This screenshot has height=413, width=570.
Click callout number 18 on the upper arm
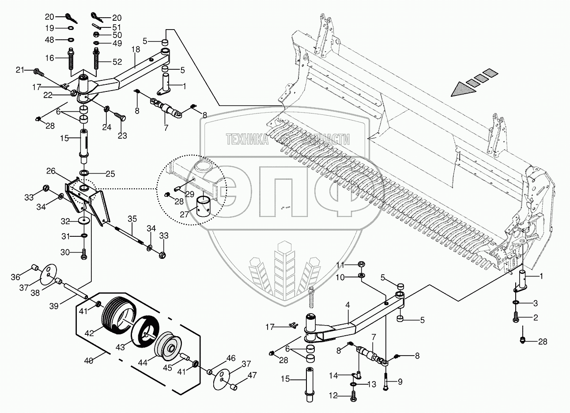135,49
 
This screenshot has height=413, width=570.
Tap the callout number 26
51,171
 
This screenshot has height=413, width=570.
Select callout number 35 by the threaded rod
132,219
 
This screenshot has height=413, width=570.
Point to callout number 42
89,333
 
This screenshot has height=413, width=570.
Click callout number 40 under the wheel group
89,361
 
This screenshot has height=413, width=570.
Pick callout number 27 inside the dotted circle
185,215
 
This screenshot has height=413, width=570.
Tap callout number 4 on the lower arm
347,305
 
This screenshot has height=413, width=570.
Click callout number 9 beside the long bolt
400,382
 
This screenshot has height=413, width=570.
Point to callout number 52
117,62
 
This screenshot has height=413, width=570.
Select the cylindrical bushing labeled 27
206,205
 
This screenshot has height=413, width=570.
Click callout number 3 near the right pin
535,303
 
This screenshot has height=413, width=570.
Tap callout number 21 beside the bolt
20,70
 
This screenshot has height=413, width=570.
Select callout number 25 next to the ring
110,174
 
